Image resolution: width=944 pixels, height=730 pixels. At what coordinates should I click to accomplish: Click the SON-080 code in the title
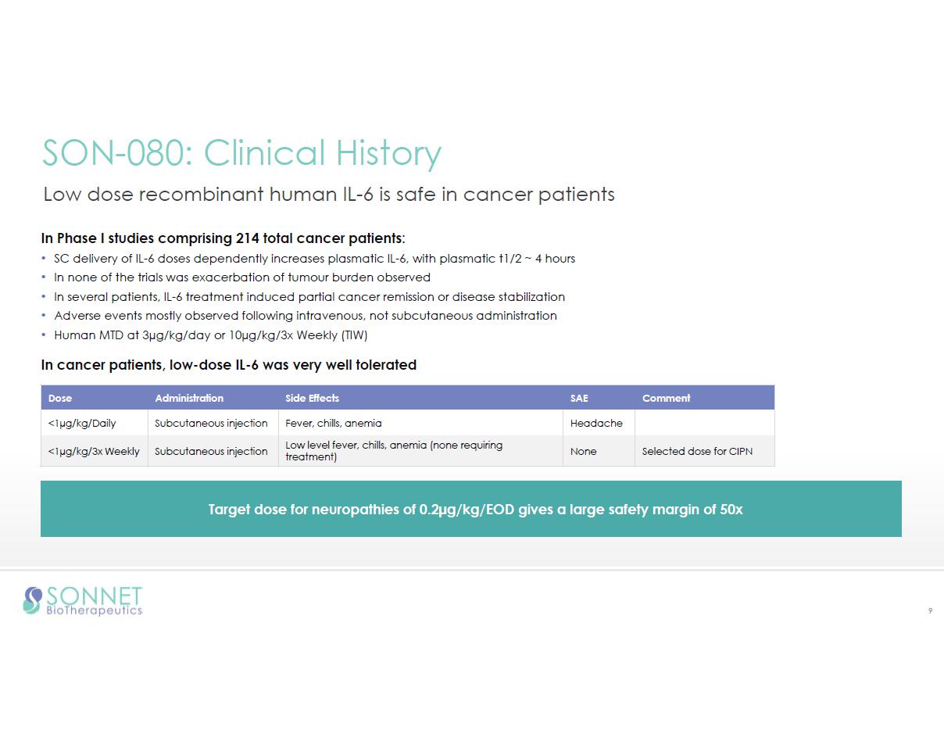117,152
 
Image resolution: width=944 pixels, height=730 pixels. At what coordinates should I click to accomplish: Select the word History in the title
388,154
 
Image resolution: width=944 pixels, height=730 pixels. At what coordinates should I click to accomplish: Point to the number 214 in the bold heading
248,238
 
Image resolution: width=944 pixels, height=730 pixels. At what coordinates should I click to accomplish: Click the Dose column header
60,398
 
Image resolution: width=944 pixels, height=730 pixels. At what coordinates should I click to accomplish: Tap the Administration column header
189,398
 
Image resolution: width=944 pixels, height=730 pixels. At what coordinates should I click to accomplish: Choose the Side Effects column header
312,398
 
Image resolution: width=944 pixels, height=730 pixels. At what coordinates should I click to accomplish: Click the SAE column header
578,398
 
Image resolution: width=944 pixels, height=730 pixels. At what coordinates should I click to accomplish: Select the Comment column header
666,398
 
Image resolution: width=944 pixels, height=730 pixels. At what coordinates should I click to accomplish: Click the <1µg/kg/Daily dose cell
82,423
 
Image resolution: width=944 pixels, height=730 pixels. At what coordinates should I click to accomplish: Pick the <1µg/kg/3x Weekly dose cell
94,452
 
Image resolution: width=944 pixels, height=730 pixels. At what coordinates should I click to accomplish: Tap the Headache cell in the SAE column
596,423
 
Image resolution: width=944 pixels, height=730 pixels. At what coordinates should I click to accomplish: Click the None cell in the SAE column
583,452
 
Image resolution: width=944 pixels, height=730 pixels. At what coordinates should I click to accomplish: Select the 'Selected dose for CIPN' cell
697,452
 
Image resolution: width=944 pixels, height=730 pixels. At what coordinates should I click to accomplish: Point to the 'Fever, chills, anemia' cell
333,423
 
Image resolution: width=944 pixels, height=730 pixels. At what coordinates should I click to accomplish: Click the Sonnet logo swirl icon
33,600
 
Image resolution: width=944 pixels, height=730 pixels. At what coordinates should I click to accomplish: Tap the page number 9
930,610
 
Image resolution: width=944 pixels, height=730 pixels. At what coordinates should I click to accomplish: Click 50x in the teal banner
731,510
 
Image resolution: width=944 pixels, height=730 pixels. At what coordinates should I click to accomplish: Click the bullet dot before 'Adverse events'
44,316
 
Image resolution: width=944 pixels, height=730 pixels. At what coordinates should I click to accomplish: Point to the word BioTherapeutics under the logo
95,610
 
